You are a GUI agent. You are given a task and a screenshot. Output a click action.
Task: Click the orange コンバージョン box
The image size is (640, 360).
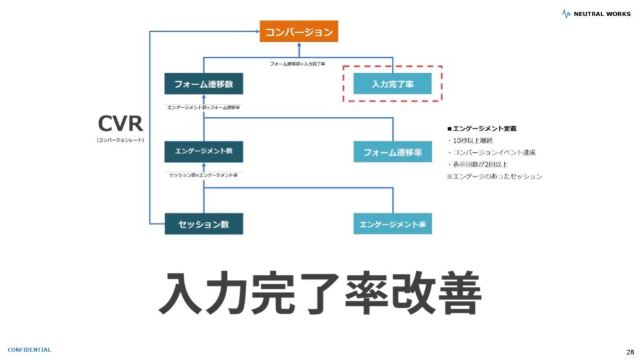click(x=299, y=31)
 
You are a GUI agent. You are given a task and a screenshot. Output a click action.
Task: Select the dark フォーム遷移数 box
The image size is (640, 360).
click(x=204, y=84)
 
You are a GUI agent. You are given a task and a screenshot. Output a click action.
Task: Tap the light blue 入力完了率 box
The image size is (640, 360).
click(x=392, y=84)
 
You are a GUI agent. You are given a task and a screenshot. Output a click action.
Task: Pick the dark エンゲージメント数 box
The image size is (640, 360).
click(x=204, y=151)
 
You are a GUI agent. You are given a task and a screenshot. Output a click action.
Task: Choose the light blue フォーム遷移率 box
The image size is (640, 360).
click(x=392, y=152)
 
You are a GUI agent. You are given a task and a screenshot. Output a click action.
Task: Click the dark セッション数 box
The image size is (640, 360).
click(x=204, y=224)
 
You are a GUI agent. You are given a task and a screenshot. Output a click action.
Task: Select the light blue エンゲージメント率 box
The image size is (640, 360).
click(x=392, y=224)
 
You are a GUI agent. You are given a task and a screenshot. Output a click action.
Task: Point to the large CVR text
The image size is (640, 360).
click(x=120, y=123)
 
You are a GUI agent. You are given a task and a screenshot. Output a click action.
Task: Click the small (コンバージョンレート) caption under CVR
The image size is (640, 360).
click(x=120, y=140)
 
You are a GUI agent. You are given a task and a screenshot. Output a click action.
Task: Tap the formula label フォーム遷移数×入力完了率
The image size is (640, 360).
click(x=297, y=64)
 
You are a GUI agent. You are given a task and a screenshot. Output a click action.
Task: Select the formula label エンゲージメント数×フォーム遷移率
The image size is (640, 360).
click(x=204, y=107)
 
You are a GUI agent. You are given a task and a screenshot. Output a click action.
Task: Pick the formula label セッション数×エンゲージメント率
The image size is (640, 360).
click(x=204, y=175)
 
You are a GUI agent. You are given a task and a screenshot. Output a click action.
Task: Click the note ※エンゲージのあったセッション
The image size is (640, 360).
click(x=494, y=176)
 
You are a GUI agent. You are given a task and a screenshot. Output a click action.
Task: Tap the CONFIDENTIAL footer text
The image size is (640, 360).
click(x=29, y=349)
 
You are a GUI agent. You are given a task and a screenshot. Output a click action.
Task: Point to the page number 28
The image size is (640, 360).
click(x=629, y=351)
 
